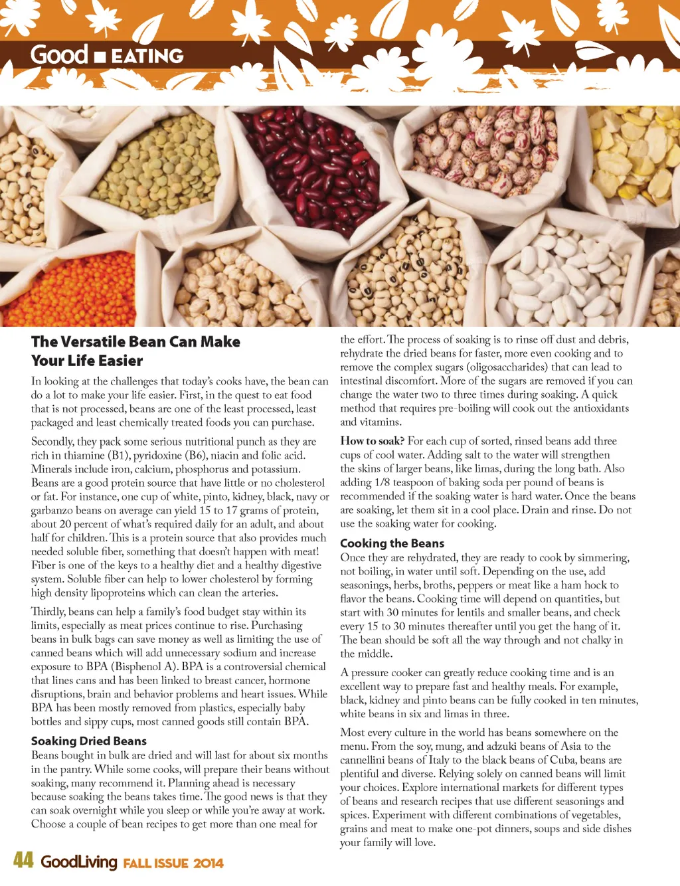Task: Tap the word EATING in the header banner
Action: [x=147, y=56]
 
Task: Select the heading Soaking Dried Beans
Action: [x=88, y=741]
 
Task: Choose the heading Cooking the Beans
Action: [x=392, y=543]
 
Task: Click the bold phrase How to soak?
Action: [x=372, y=441]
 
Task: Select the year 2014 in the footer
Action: [x=209, y=863]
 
